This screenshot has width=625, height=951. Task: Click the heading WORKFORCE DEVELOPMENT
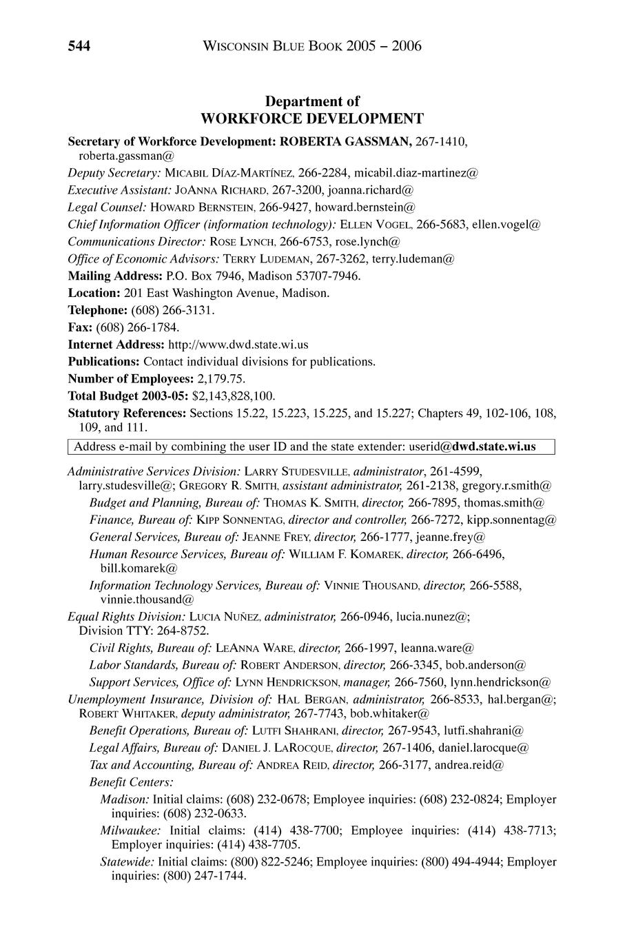click(x=312, y=118)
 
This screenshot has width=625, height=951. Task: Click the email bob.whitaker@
click(x=390, y=713)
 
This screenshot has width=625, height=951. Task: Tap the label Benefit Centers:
click(x=132, y=782)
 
